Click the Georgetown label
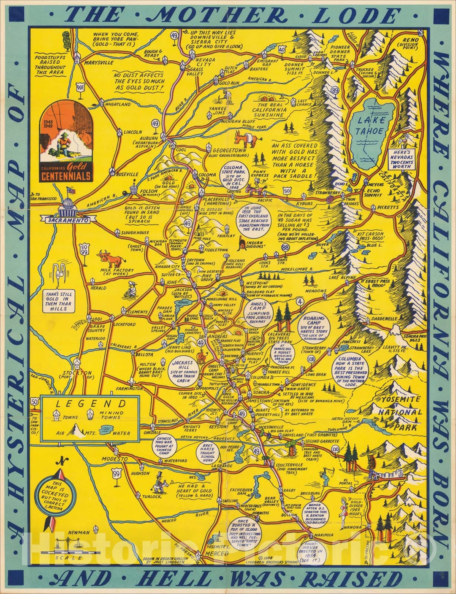click(x=229, y=150)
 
